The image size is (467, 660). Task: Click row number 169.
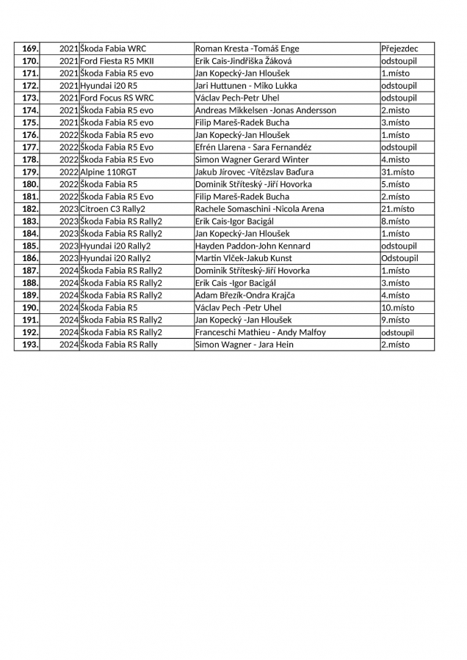[30, 48]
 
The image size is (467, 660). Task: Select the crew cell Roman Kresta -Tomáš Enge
[247, 48]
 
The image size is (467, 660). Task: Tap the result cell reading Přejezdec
[399, 48]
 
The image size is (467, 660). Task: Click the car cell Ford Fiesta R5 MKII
[117, 61]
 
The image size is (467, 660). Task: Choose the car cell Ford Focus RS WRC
[117, 98]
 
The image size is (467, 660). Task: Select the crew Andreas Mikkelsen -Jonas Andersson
[265, 110]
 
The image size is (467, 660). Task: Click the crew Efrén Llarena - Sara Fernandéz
[253, 147]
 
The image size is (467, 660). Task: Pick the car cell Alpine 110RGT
[109, 172]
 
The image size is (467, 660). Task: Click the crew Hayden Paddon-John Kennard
[253, 246]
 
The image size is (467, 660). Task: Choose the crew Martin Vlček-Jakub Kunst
[243, 258]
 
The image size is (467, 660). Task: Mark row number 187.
[30, 271]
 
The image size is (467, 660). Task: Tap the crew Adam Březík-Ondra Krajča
[245, 295]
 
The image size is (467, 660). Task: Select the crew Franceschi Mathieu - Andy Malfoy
[261, 332]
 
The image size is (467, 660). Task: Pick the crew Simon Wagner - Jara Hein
[245, 345]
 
